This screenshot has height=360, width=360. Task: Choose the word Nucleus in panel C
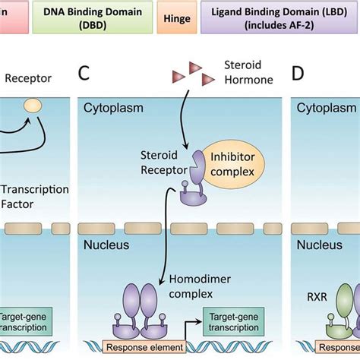pyautogui.click(x=107, y=245)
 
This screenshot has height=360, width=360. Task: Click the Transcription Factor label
pyautogui.click(x=35, y=197)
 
